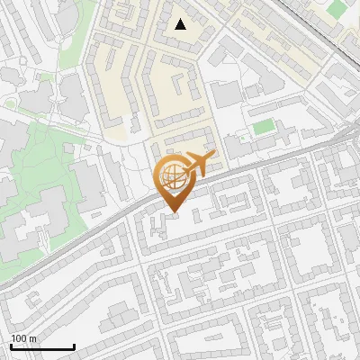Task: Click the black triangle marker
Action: tap(181, 24)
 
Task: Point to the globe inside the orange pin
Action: tap(172, 176)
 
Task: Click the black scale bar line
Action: tap(41, 347)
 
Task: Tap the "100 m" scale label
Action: tap(23, 338)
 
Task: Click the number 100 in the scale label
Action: tap(19, 338)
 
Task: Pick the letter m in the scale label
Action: tap(32, 338)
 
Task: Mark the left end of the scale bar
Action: tap(10, 347)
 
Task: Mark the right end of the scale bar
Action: tap(74, 347)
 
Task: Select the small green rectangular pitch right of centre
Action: tap(263, 127)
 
